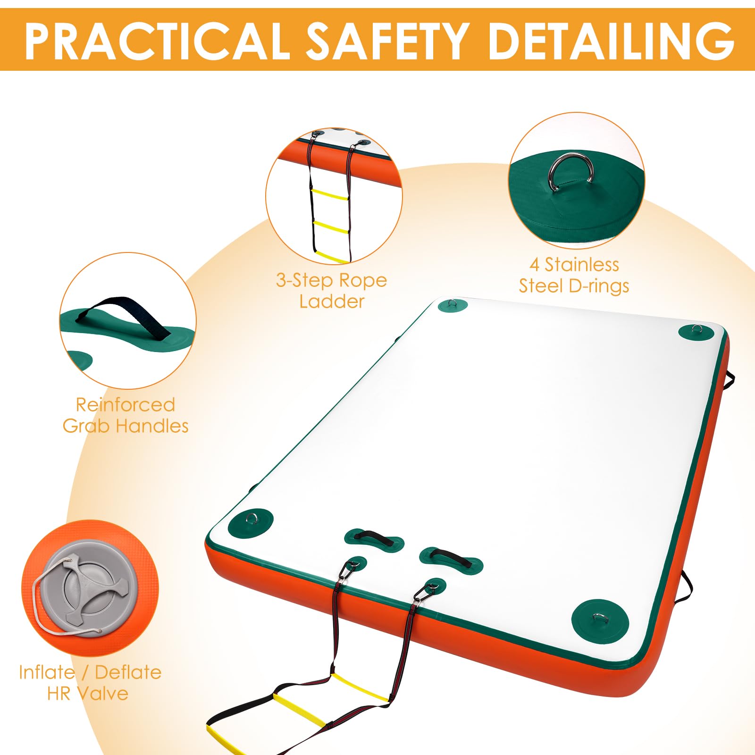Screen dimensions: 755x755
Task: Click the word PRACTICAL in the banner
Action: tap(157, 41)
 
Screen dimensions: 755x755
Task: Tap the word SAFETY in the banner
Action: tap(388, 41)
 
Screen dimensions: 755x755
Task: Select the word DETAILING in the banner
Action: tap(612, 41)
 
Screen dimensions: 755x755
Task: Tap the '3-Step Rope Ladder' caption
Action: tap(332, 291)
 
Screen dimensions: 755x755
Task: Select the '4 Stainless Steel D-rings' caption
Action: tap(574, 275)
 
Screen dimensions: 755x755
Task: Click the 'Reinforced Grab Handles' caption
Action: tap(126, 415)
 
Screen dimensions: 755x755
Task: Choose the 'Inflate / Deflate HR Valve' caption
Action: tap(90, 683)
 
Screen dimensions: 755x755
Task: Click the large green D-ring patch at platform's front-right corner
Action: tap(600, 621)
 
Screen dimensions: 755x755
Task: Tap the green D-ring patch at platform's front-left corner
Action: tap(251, 522)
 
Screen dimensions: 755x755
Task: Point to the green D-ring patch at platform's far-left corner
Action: tap(453, 305)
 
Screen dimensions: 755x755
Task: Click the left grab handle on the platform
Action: tap(374, 538)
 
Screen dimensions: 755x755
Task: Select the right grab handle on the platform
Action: tap(451, 557)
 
